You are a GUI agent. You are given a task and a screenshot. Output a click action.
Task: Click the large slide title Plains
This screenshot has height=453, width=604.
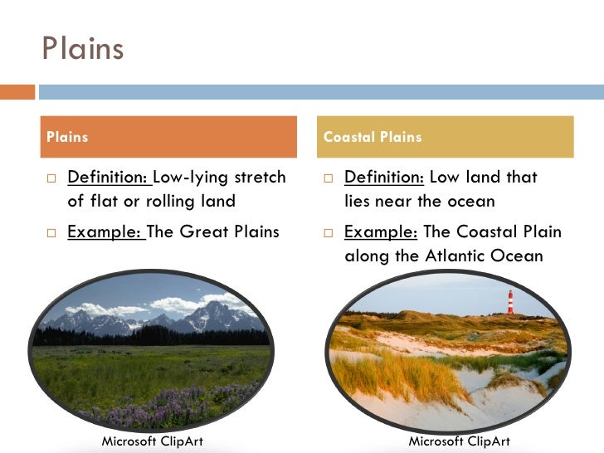click(x=82, y=48)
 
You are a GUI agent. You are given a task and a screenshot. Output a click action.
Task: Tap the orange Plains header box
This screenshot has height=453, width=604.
click(x=169, y=137)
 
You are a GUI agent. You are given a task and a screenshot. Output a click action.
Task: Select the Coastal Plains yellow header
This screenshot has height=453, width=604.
click(x=445, y=137)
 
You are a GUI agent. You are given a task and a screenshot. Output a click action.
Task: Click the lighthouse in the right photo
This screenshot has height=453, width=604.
click(x=510, y=301)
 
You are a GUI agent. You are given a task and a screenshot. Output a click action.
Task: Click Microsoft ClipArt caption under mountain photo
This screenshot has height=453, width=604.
click(x=152, y=441)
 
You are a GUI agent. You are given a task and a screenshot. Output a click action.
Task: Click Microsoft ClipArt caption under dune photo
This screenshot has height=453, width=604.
click(x=459, y=441)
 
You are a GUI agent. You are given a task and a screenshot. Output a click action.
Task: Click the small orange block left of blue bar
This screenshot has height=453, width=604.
click(x=17, y=91)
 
